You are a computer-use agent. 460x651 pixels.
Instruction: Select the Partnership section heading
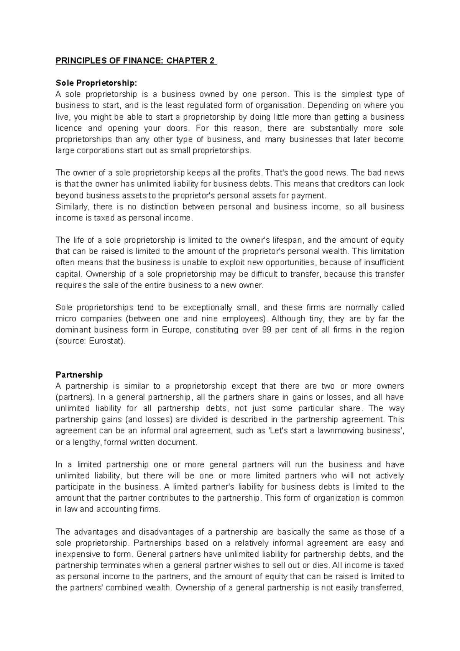pos(79,374)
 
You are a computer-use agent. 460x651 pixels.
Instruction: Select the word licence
pos(69,128)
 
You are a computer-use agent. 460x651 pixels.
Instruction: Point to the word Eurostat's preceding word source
pos(71,341)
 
